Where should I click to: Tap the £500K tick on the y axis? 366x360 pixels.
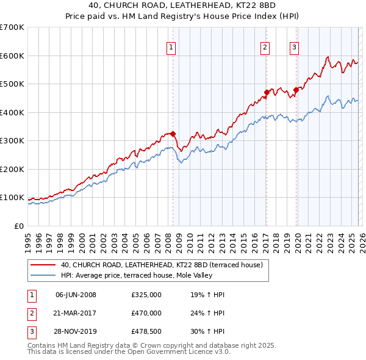point(12,84)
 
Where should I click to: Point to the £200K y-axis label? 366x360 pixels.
point(12,169)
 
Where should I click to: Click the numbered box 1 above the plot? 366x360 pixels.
point(171,47)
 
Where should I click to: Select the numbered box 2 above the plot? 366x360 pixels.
point(265,47)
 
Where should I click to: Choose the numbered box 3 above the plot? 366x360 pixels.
point(295,47)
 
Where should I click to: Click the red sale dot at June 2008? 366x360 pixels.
point(173,134)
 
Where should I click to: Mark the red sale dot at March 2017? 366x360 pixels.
point(267,93)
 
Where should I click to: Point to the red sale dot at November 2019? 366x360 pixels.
point(296,90)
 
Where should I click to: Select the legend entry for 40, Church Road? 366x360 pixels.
point(161,265)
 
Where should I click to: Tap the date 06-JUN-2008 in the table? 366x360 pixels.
point(76,295)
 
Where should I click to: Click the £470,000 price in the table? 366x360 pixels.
point(146,313)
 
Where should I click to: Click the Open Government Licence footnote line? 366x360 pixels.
point(129,352)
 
